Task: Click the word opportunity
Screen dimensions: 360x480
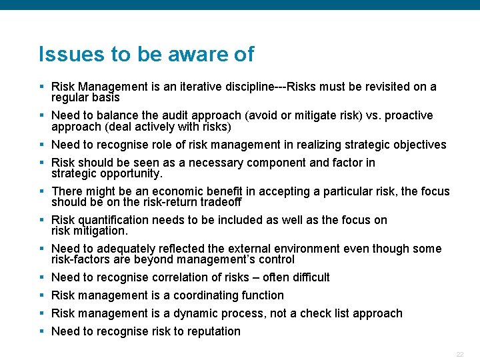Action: pos(131,173)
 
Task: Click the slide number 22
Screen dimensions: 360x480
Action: pos(459,354)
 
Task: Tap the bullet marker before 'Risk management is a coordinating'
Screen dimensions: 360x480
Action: pos(41,295)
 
